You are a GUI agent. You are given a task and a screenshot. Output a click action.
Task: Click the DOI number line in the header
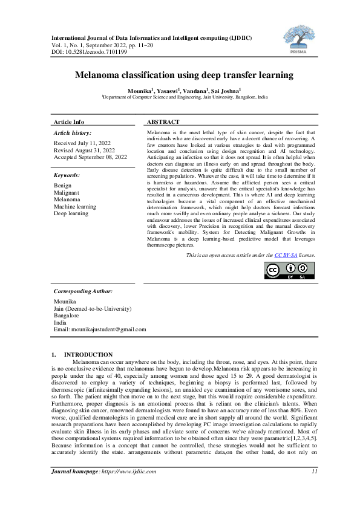pyautogui.click(x=90, y=52)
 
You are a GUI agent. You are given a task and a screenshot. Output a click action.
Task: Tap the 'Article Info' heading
pyautogui.click(x=69, y=122)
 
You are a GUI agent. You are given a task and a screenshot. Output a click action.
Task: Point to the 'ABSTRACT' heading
pyautogui.click(x=163, y=122)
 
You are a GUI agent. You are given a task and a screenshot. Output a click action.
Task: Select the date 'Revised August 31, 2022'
pyautogui.click(x=85, y=150)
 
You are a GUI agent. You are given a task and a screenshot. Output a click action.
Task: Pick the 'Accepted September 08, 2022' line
pyautogui.click(x=91, y=157)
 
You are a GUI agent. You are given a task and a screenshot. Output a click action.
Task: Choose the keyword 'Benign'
pyautogui.click(x=63, y=186)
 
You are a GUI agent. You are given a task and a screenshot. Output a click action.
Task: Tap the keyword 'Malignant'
pyautogui.click(x=67, y=192)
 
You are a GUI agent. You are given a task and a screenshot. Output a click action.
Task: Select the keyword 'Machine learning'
pyautogui.click(x=75, y=206)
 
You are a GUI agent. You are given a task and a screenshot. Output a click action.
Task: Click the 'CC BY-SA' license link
pyautogui.click(x=286, y=255)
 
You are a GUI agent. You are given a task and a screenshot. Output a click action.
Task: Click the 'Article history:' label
pyautogui.click(x=73, y=132)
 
